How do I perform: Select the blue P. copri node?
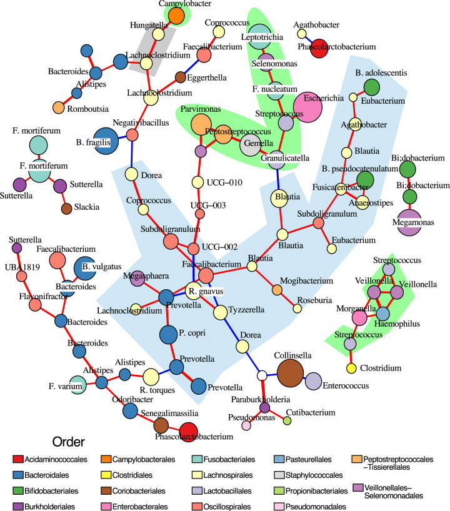pos(167,335)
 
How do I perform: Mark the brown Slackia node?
pos(66,208)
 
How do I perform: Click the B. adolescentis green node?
pos(371,86)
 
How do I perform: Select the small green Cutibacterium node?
pos(287,421)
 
